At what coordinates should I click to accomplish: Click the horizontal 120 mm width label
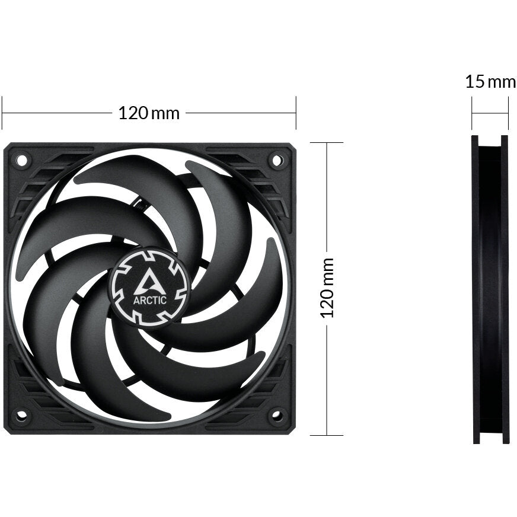tap(149, 113)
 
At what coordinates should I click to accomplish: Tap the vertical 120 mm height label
tap(328, 288)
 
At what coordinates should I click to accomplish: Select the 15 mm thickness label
tap(490, 82)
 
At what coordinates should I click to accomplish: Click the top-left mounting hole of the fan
tap(21, 159)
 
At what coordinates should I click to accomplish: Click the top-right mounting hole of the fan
tap(276, 159)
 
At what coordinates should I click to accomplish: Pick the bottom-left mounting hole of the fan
tap(21, 415)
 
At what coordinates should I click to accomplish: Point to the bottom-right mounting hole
tap(276, 415)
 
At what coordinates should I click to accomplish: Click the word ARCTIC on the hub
tap(150, 299)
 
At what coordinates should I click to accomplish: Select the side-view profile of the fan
tap(490, 289)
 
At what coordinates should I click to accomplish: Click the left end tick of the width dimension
tap(2, 113)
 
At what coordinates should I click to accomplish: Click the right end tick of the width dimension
tap(295, 113)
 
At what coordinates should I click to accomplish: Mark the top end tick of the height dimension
tap(326, 143)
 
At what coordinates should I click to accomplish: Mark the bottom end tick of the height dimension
tap(326, 435)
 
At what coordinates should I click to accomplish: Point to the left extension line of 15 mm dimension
tap(473, 113)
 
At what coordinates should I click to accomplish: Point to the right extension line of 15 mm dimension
tap(508, 113)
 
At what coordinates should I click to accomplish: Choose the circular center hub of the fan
tap(149, 287)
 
